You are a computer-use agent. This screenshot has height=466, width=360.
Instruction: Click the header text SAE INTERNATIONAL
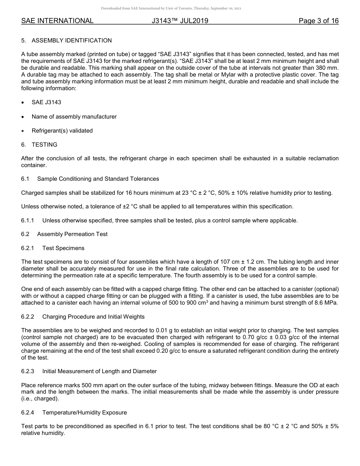click(x=57, y=21)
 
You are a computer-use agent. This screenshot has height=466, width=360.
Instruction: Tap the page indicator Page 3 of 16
click(x=318, y=21)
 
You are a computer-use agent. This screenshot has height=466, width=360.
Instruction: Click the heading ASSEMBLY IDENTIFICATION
click(x=72, y=41)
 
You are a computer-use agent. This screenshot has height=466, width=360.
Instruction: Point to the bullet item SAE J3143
click(x=46, y=102)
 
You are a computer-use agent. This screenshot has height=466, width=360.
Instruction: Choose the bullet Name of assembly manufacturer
click(x=74, y=117)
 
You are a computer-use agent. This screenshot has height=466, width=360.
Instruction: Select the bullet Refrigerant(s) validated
click(x=62, y=131)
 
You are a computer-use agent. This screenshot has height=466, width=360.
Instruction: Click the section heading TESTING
click(x=44, y=145)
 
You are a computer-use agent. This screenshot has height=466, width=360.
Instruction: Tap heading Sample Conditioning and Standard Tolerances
click(x=98, y=179)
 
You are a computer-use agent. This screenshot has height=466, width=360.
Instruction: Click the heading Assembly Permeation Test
click(x=72, y=234)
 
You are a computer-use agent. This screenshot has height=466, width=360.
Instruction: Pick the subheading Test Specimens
click(x=63, y=248)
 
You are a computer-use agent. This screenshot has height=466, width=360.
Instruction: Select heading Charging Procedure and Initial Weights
click(x=93, y=317)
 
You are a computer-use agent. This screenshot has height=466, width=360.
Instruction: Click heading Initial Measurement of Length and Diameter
click(x=99, y=371)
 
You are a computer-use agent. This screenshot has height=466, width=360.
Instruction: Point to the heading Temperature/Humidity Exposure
click(x=85, y=413)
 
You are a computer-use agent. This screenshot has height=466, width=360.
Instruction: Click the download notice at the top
click(x=171, y=8)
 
